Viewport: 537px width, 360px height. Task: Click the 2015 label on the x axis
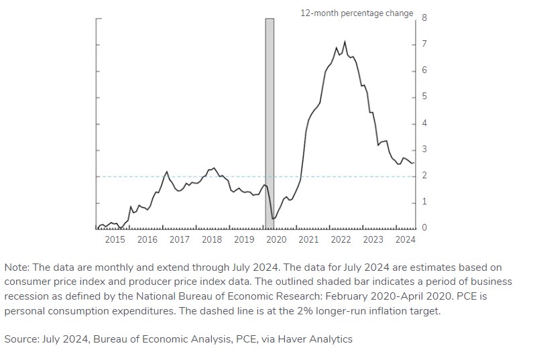pos(115,239)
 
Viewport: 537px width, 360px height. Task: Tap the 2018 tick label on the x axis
pos(212,239)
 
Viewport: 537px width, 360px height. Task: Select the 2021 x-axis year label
pos(308,239)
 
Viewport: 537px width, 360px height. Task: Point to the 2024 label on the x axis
pos(405,239)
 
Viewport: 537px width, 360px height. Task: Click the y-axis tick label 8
pos(424,17)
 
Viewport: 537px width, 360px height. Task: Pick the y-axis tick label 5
pos(424,97)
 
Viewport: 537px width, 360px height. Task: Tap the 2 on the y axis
pos(424,176)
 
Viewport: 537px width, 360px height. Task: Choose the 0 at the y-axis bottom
pos(424,228)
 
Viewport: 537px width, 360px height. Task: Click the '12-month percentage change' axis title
pos(357,13)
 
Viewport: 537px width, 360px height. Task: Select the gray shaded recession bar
pos(270,121)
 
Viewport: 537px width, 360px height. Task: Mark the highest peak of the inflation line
pos(345,42)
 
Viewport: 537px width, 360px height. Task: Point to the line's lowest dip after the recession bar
pos(273,219)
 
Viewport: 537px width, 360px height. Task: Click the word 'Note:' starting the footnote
pos(17,267)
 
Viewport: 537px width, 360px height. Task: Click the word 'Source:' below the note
pos(21,339)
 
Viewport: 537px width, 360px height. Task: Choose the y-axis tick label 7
pos(424,44)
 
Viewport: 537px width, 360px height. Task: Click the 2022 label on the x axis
pos(341,239)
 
